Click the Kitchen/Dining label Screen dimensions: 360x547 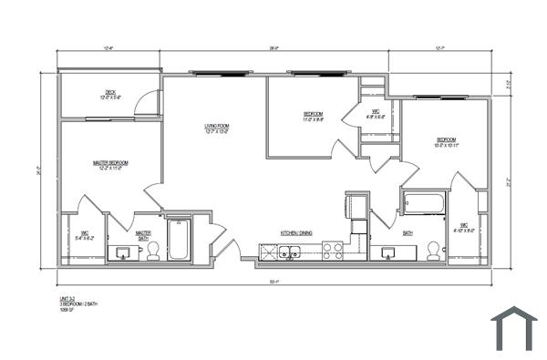pos(296,233)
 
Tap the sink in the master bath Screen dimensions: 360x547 pos(121,252)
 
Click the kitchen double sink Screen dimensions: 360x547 pos(291,252)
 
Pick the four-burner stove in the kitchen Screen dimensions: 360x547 pos(332,252)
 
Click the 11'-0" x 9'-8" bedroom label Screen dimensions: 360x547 pos(312,115)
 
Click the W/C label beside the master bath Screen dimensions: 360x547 pos(82,235)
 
